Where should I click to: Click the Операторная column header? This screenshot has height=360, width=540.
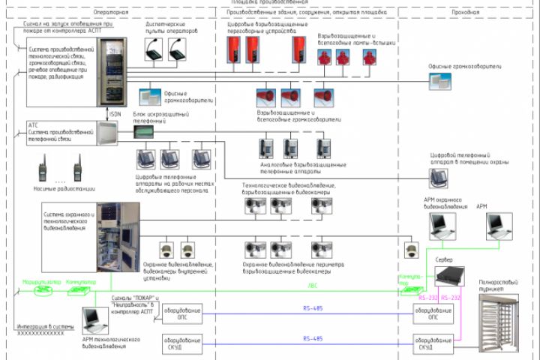click(112, 13)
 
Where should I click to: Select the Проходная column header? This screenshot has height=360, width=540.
click(467, 13)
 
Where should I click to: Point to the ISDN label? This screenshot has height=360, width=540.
click(114, 114)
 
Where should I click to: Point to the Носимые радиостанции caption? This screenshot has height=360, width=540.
click(58, 190)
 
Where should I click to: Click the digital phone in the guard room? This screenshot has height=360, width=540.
click(439, 176)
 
